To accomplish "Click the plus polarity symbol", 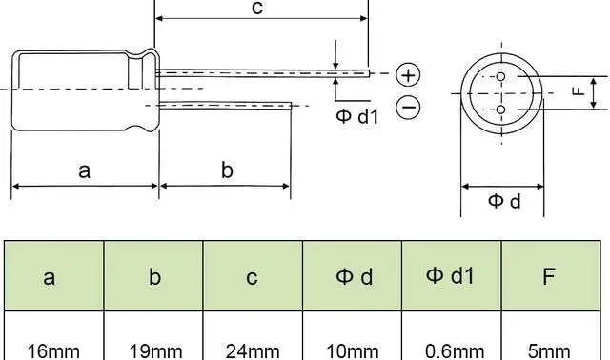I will pos(408,74).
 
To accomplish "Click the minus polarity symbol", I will pos(408,108).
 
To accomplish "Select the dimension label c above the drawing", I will pos(256,8).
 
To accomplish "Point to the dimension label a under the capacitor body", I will pos(85,170).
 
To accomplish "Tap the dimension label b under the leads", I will pos(227,170).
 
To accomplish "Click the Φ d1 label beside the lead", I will pos(357,117).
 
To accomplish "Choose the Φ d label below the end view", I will pos(505,201).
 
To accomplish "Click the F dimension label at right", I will pos(576,91).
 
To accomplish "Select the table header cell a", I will pos(53,277).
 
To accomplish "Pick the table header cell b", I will pos(153,277).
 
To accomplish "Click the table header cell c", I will pos(253,277).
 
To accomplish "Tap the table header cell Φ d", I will pos(353,277).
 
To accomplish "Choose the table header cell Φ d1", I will pos(452,276).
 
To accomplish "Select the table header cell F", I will pos(550,277).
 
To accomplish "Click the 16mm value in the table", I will pos(53,350).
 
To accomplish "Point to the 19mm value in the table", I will pos(153,350).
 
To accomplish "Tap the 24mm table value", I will pos(253,350).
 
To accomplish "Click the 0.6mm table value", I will pos(452,350).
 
